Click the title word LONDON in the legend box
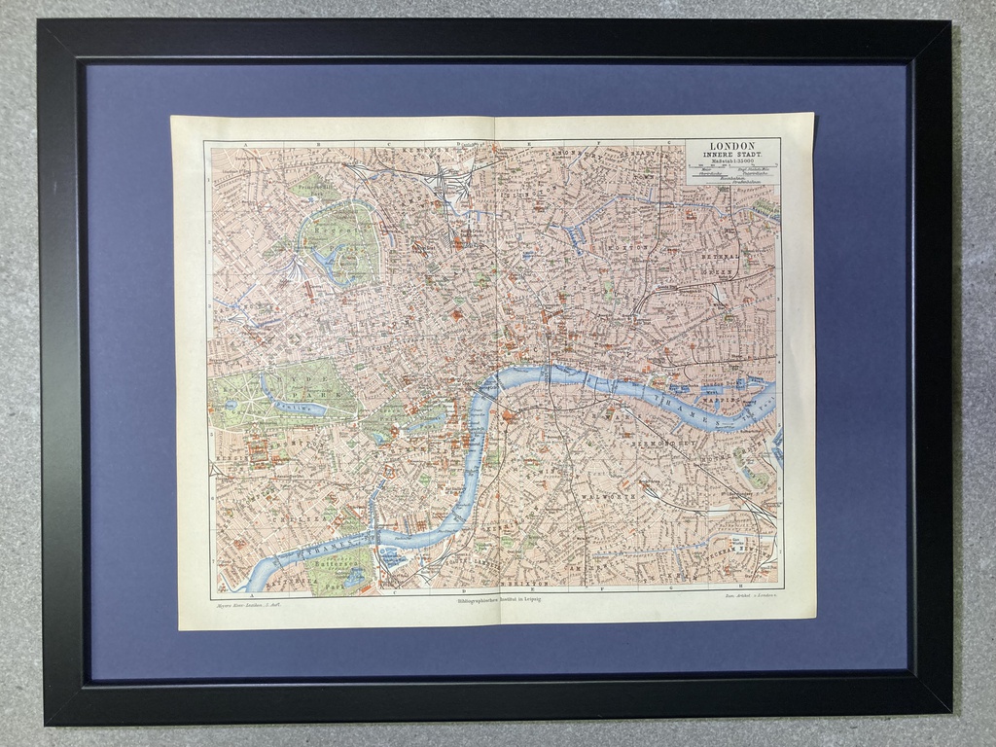coord(732,146)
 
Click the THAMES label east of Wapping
coord(693,409)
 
